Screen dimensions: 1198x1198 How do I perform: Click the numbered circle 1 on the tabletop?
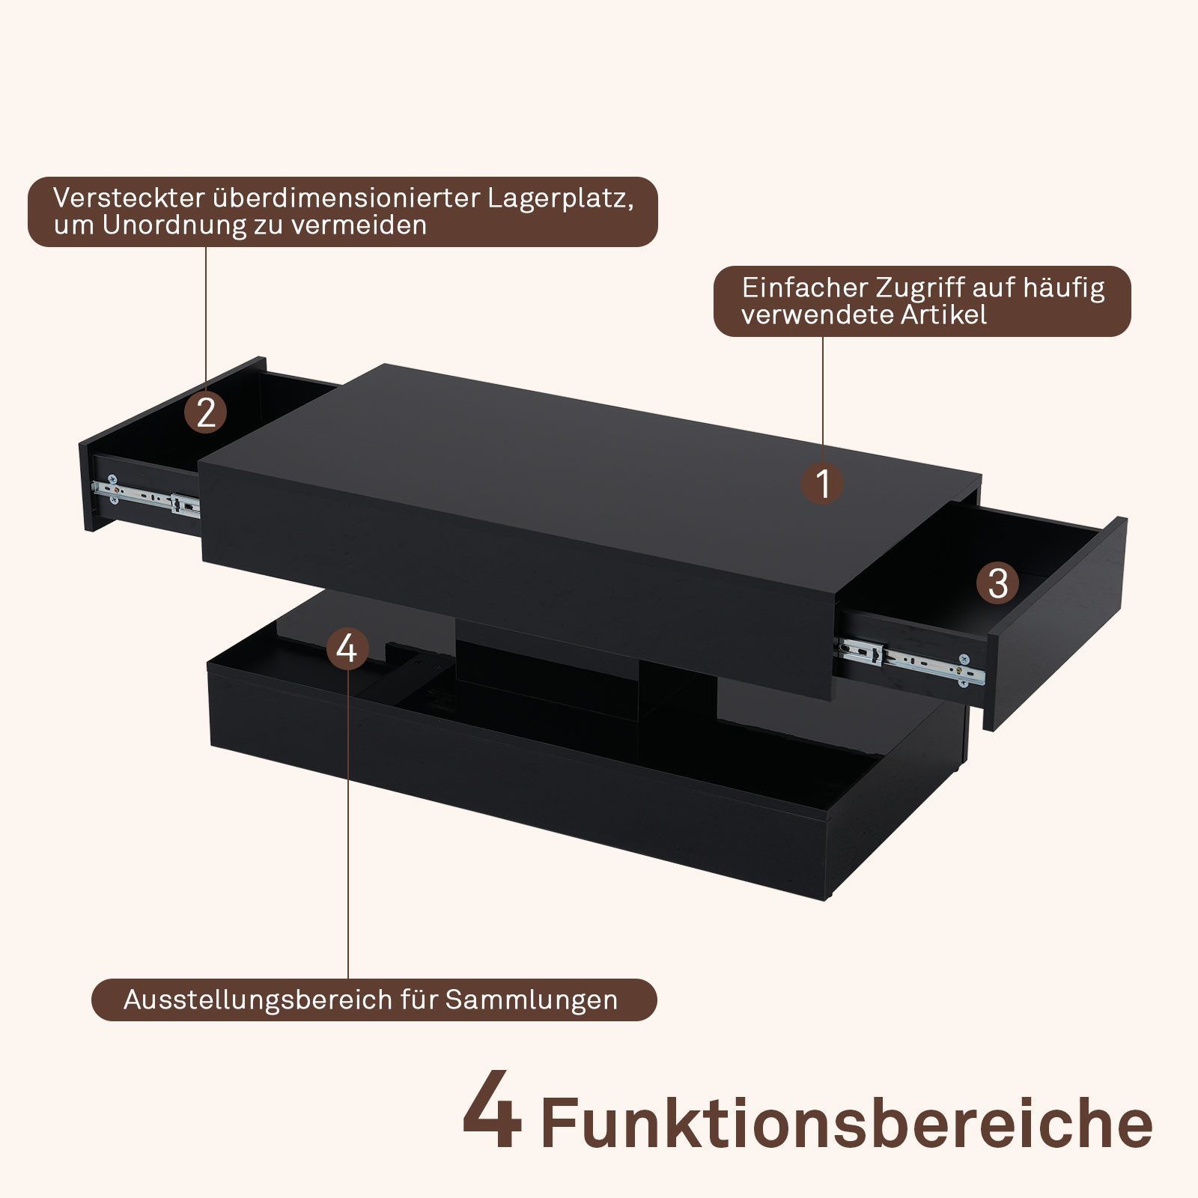(x=823, y=483)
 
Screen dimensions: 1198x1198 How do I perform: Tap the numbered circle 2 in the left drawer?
(x=206, y=412)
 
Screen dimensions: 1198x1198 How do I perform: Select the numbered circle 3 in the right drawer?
(x=998, y=583)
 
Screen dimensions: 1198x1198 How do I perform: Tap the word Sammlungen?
(x=532, y=1000)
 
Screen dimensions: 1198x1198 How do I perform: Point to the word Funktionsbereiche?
(x=846, y=1123)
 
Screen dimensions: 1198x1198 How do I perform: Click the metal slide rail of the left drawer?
(x=147, y=495)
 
